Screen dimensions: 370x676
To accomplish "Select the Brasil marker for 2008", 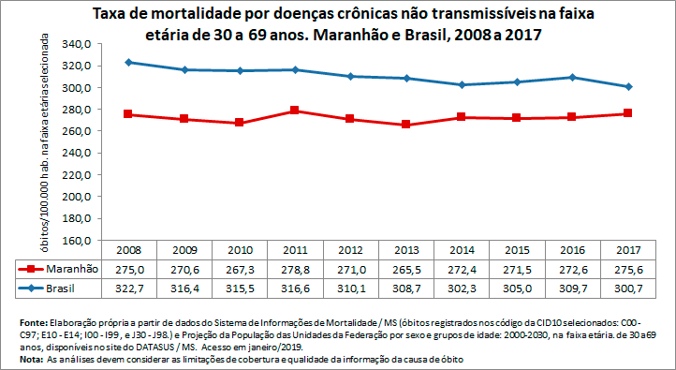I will tap(128, 62).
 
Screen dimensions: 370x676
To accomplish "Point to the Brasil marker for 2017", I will tap(628, 87).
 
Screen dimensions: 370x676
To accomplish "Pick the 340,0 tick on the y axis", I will tap(76, 44).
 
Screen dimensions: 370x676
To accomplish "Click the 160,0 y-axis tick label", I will tap(76, 240).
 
